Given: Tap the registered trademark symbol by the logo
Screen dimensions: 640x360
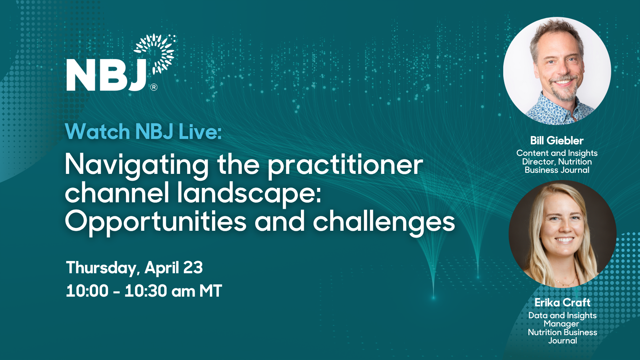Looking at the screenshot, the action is coord(154,87).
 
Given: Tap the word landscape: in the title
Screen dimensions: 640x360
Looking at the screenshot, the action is coord(249,193).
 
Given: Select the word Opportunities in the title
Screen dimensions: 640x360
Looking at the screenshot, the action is coord(156,222).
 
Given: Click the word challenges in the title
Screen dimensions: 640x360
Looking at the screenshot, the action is coord(384,222).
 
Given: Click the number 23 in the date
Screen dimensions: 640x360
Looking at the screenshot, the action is coord(193,267).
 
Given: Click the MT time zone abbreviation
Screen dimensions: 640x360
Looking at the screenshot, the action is coord(211,291).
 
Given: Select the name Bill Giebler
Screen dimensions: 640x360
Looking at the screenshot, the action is coord(557,140).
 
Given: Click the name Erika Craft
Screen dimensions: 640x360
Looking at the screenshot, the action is coord(563,302).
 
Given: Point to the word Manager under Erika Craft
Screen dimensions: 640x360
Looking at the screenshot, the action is coord(562,324).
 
